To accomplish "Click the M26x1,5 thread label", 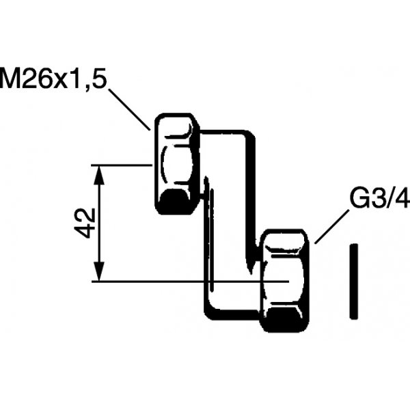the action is (53, 78).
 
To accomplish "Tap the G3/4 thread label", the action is (380, 198).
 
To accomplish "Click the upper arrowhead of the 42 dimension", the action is (99, 174).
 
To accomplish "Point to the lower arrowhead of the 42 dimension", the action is (99, 272).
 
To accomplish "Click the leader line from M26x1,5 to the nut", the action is (129, 109).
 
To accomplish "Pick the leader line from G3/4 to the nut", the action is (331, 227).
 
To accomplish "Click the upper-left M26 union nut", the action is (177, 164).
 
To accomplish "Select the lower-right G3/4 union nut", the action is (285, 281).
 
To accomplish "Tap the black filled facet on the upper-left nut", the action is (174, 202).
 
